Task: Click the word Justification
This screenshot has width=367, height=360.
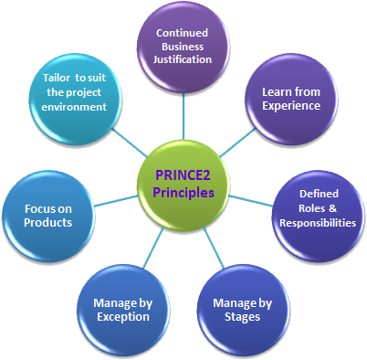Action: [x=187, y=60]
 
